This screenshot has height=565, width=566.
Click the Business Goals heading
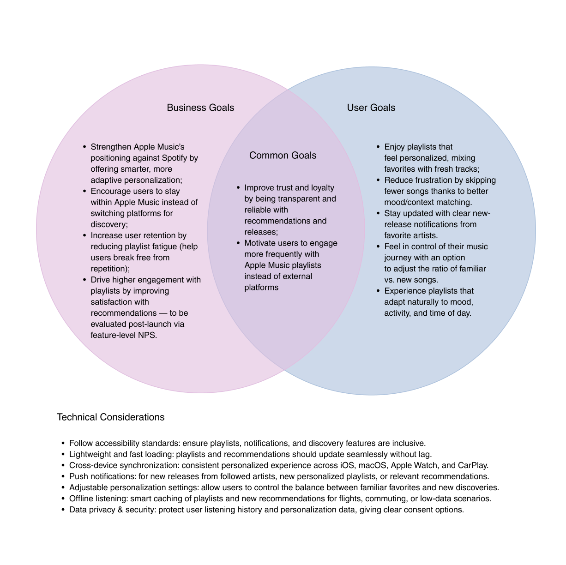[x=200, y=108]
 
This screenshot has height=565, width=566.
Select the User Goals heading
[x=371, y=108]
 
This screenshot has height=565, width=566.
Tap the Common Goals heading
[x=283, y=156]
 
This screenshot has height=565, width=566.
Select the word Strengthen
[x=111, y=147]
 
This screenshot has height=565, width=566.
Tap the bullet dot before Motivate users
[x=238, y=243]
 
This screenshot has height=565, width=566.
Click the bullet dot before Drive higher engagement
[x=84, y=280]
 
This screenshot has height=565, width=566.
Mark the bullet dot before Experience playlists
[x=378, y=291]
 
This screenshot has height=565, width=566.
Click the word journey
[x=398, y=258]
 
